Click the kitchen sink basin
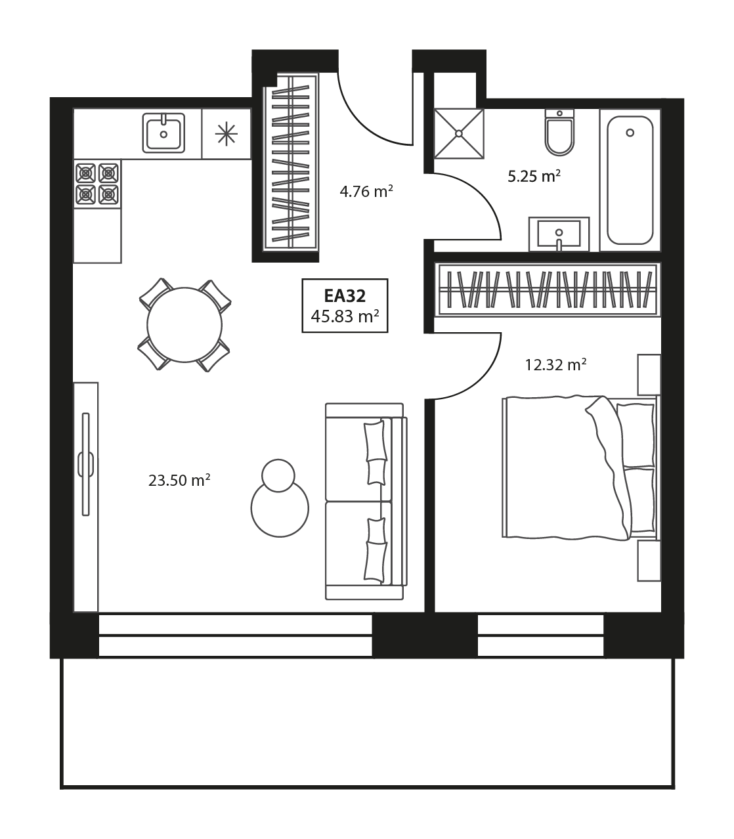coord(163,133)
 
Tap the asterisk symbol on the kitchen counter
coord(227,134)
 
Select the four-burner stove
coord(97,184)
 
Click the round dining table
coord(184,325)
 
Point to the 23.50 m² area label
coord(179,480)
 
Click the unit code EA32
coord(345,295)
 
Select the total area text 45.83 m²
coord(345,316)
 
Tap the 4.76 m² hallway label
coord(366,192)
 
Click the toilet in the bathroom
coord(560,132)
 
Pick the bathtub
coord(630,180)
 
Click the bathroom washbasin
coord(559,234)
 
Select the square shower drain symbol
coord(459,133)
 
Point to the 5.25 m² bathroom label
coord(534,177)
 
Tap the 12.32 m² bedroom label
coord(555,364)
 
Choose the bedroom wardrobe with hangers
coord(548,290)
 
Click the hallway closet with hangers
coord(291,162)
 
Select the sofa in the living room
coord(366,502)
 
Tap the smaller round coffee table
coord(278,475)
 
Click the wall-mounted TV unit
coord(86,498)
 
